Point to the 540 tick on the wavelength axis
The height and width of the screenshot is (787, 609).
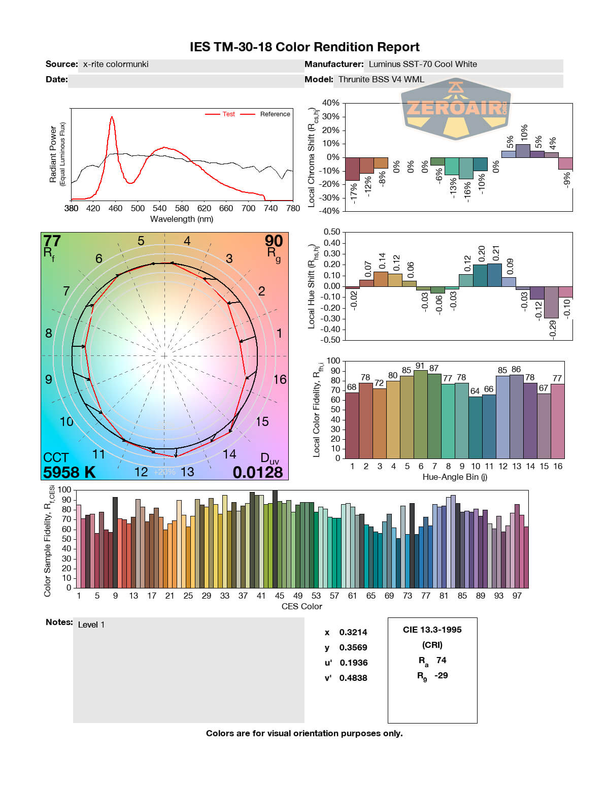[x=159, y=208]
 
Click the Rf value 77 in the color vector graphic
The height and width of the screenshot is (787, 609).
[x=52, y=241]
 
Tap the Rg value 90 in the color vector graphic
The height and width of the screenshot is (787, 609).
[x=274, y=241]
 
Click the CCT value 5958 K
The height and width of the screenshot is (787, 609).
[x=69, y=472]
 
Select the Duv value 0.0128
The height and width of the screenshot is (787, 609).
[x=257, y=472]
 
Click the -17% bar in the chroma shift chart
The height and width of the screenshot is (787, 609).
[x=352, y=169]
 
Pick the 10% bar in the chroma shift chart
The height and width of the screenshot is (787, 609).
[x=523, y=151]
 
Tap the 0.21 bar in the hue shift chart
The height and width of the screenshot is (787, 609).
[x=494, y=275]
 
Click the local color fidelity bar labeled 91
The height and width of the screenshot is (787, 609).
[x=421, y=414]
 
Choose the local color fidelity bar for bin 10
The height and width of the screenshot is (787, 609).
[x=476, y=427]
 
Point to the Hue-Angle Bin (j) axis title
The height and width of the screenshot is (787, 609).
[x=455, y=477]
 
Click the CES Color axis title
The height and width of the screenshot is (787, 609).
[x=301, y=606]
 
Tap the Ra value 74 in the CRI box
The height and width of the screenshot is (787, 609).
[x=441, y=660]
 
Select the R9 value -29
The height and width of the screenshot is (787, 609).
[x=441, y=675]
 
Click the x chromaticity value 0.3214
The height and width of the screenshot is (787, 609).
[x=353, y=632]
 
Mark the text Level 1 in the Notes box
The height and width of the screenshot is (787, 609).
[x=91, y=625]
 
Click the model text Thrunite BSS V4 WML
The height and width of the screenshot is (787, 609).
[x=381, y=79]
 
